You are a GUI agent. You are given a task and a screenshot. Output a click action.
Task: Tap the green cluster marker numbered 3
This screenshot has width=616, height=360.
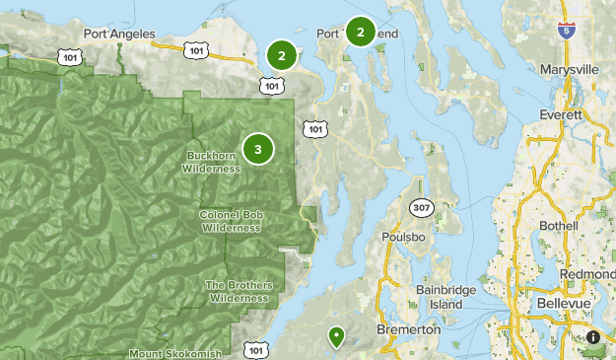[258, 149]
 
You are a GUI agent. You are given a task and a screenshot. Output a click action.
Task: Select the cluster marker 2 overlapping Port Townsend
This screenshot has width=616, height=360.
[361, 33]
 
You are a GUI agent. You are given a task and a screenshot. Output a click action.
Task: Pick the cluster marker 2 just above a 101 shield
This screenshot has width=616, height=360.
[282, 56]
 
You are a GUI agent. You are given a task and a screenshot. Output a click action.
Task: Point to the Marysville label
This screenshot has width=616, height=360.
[570, 70]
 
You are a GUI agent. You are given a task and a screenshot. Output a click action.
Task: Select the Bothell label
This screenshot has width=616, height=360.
[560, 226]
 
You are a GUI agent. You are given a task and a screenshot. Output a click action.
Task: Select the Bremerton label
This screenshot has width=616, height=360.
[409, 329]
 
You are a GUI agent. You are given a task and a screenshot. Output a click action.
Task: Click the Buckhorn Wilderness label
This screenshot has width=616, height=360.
[211, 162]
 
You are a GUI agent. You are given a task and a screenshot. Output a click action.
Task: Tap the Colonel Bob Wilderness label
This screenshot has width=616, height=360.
[231, 221]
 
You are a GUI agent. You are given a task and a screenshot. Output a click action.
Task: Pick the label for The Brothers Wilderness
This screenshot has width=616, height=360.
[237, 291]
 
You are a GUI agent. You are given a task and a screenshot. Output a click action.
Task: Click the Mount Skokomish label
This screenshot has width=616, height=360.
[174, 352]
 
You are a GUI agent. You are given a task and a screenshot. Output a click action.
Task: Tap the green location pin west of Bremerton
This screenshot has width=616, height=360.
[337, 336]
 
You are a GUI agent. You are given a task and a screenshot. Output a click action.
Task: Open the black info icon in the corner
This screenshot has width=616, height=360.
[593, 337]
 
